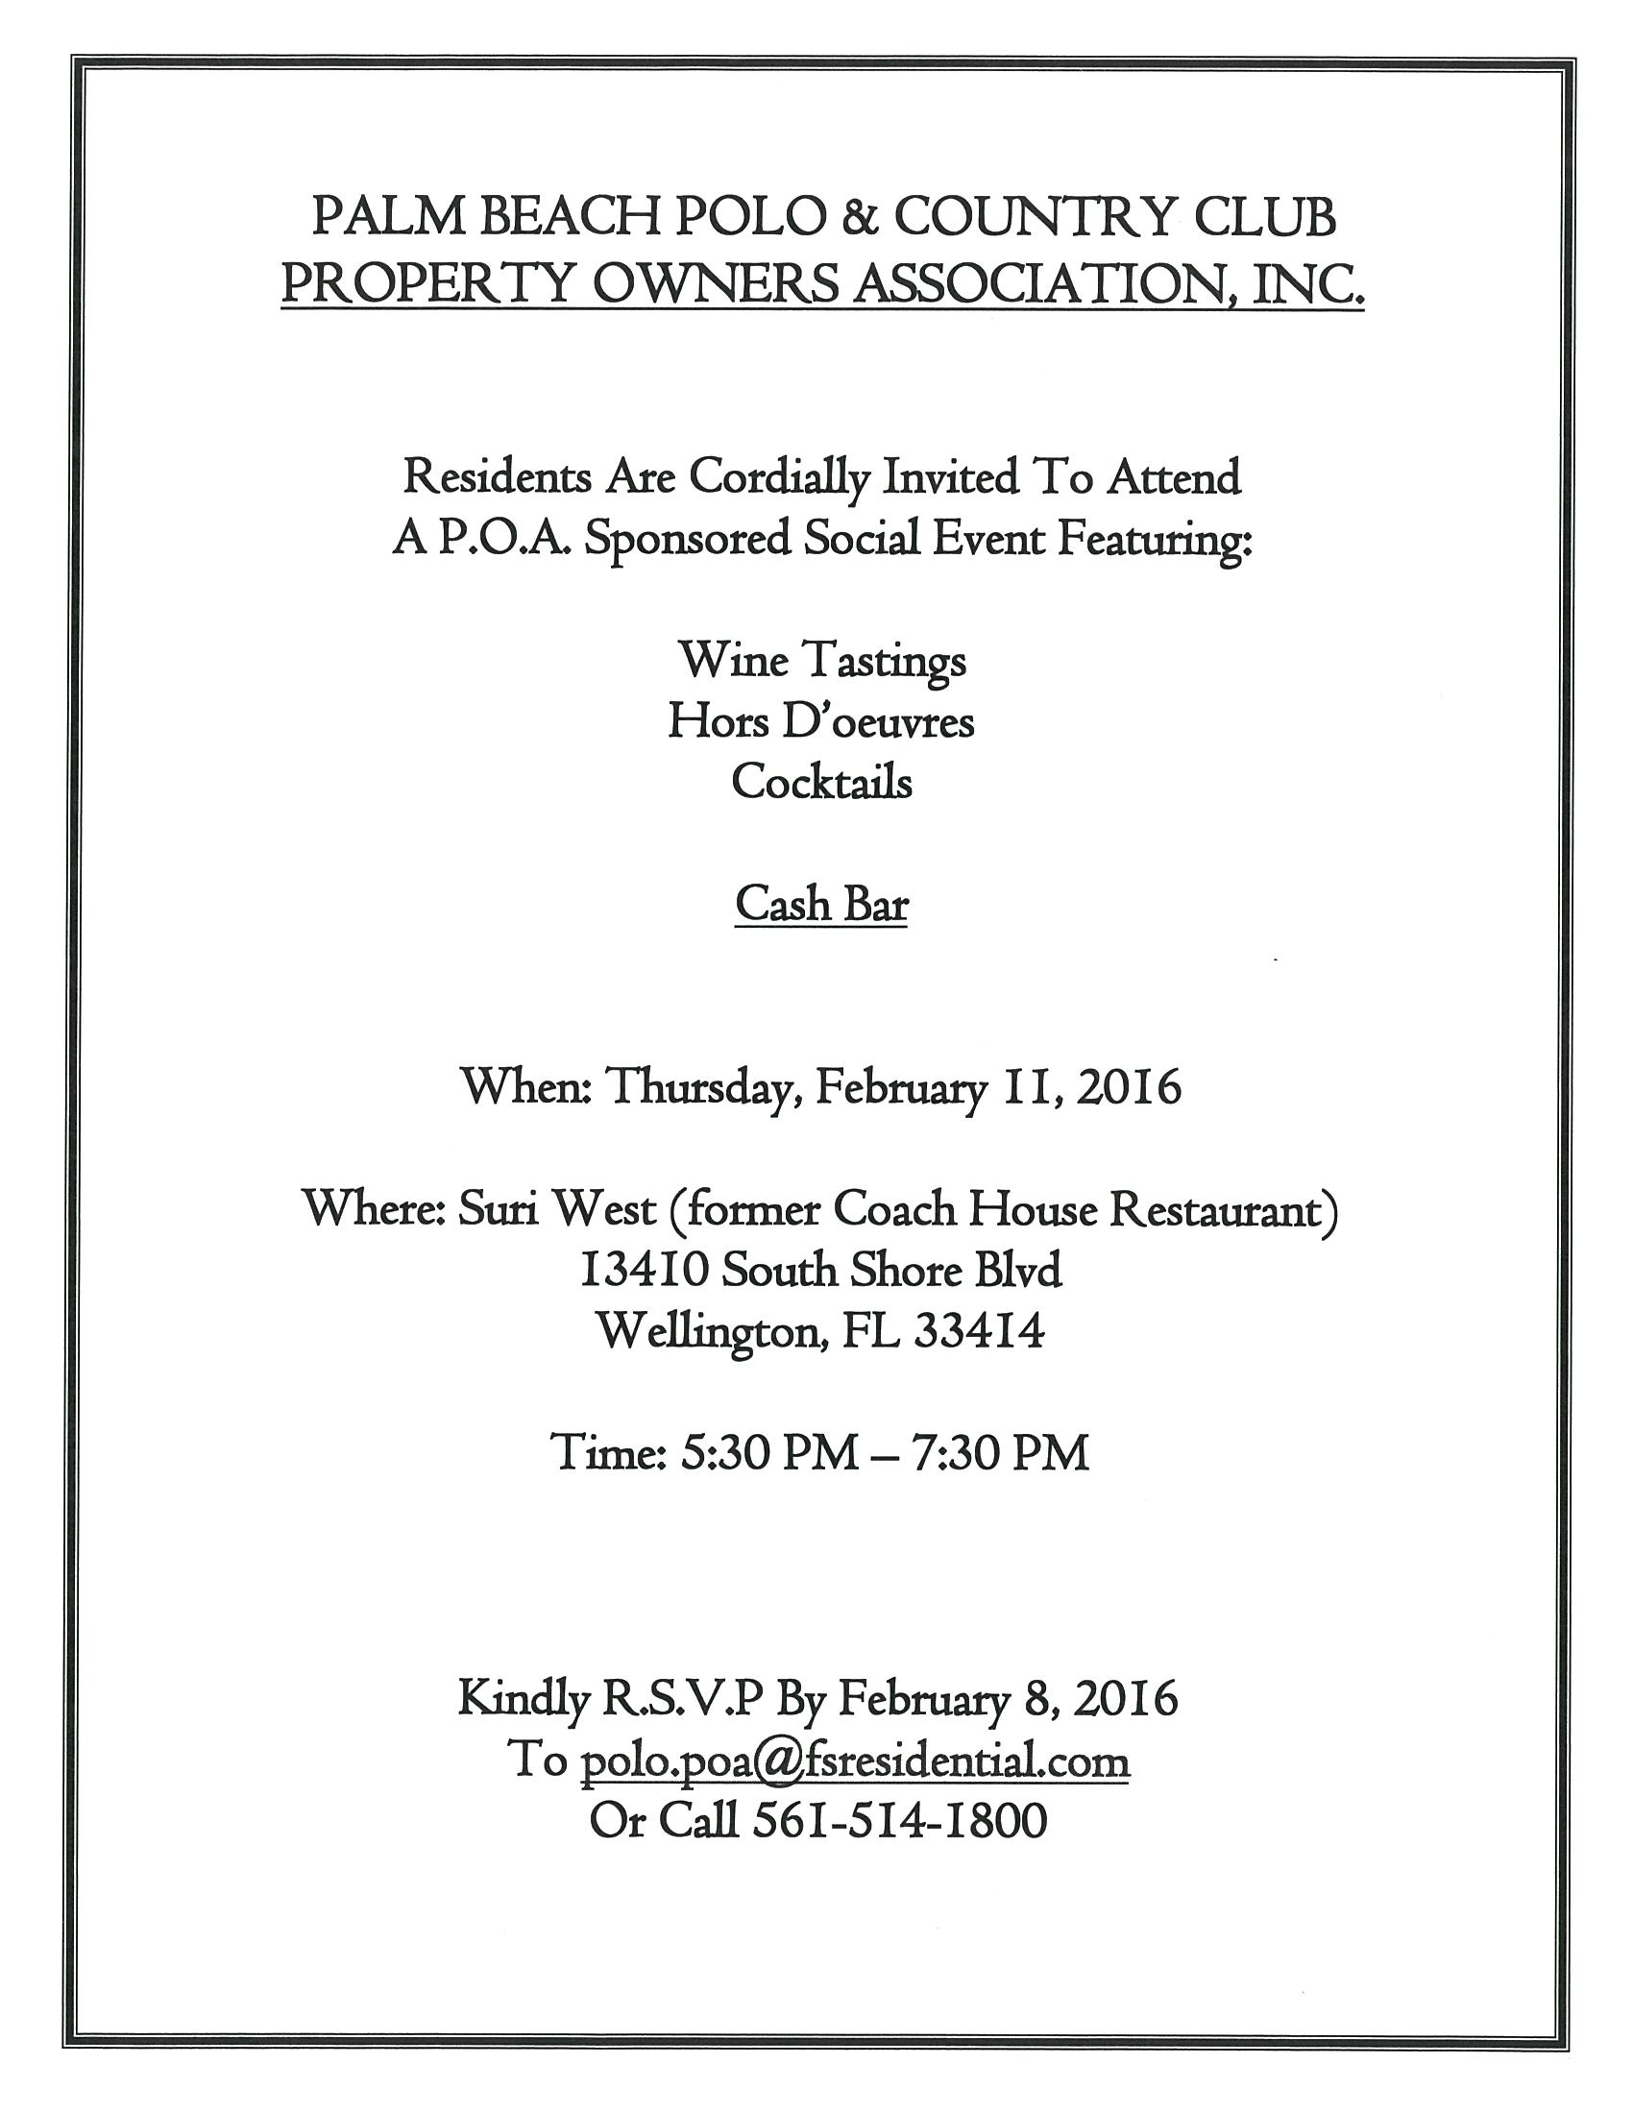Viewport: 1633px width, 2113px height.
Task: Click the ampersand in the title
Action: (856, 218)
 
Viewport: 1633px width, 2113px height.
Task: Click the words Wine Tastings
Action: (822, 662)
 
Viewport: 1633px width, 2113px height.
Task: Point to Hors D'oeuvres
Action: (821, 721)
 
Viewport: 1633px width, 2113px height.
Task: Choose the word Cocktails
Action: (821, 782)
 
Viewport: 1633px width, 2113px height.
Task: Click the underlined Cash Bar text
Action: (821, 905)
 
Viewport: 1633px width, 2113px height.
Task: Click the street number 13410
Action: (644, 1271)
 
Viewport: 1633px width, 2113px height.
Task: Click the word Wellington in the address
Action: (710, 1332)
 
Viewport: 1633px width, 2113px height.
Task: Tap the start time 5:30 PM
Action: (769, 1453)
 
